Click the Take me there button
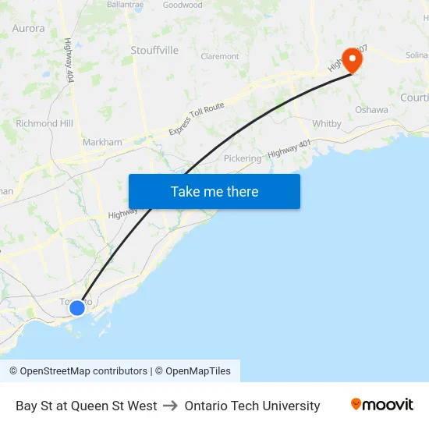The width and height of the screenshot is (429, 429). (214, 191)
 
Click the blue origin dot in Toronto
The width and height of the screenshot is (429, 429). (77, 308)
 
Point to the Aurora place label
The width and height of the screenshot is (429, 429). (29, 28)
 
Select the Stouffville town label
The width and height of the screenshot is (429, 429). (154, 50)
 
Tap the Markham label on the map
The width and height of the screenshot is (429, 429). (102, 142)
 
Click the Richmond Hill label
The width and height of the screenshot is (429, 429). (44, 123)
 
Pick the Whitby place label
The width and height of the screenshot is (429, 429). (327, 123)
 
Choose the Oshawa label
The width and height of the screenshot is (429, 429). (371, 110)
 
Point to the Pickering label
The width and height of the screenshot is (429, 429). (243, 158)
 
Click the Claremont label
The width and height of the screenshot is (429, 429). (220, 56)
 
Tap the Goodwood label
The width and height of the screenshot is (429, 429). (183, 5)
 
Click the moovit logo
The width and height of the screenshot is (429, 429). (382, 405)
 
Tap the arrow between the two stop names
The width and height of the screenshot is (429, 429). (171, 406)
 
